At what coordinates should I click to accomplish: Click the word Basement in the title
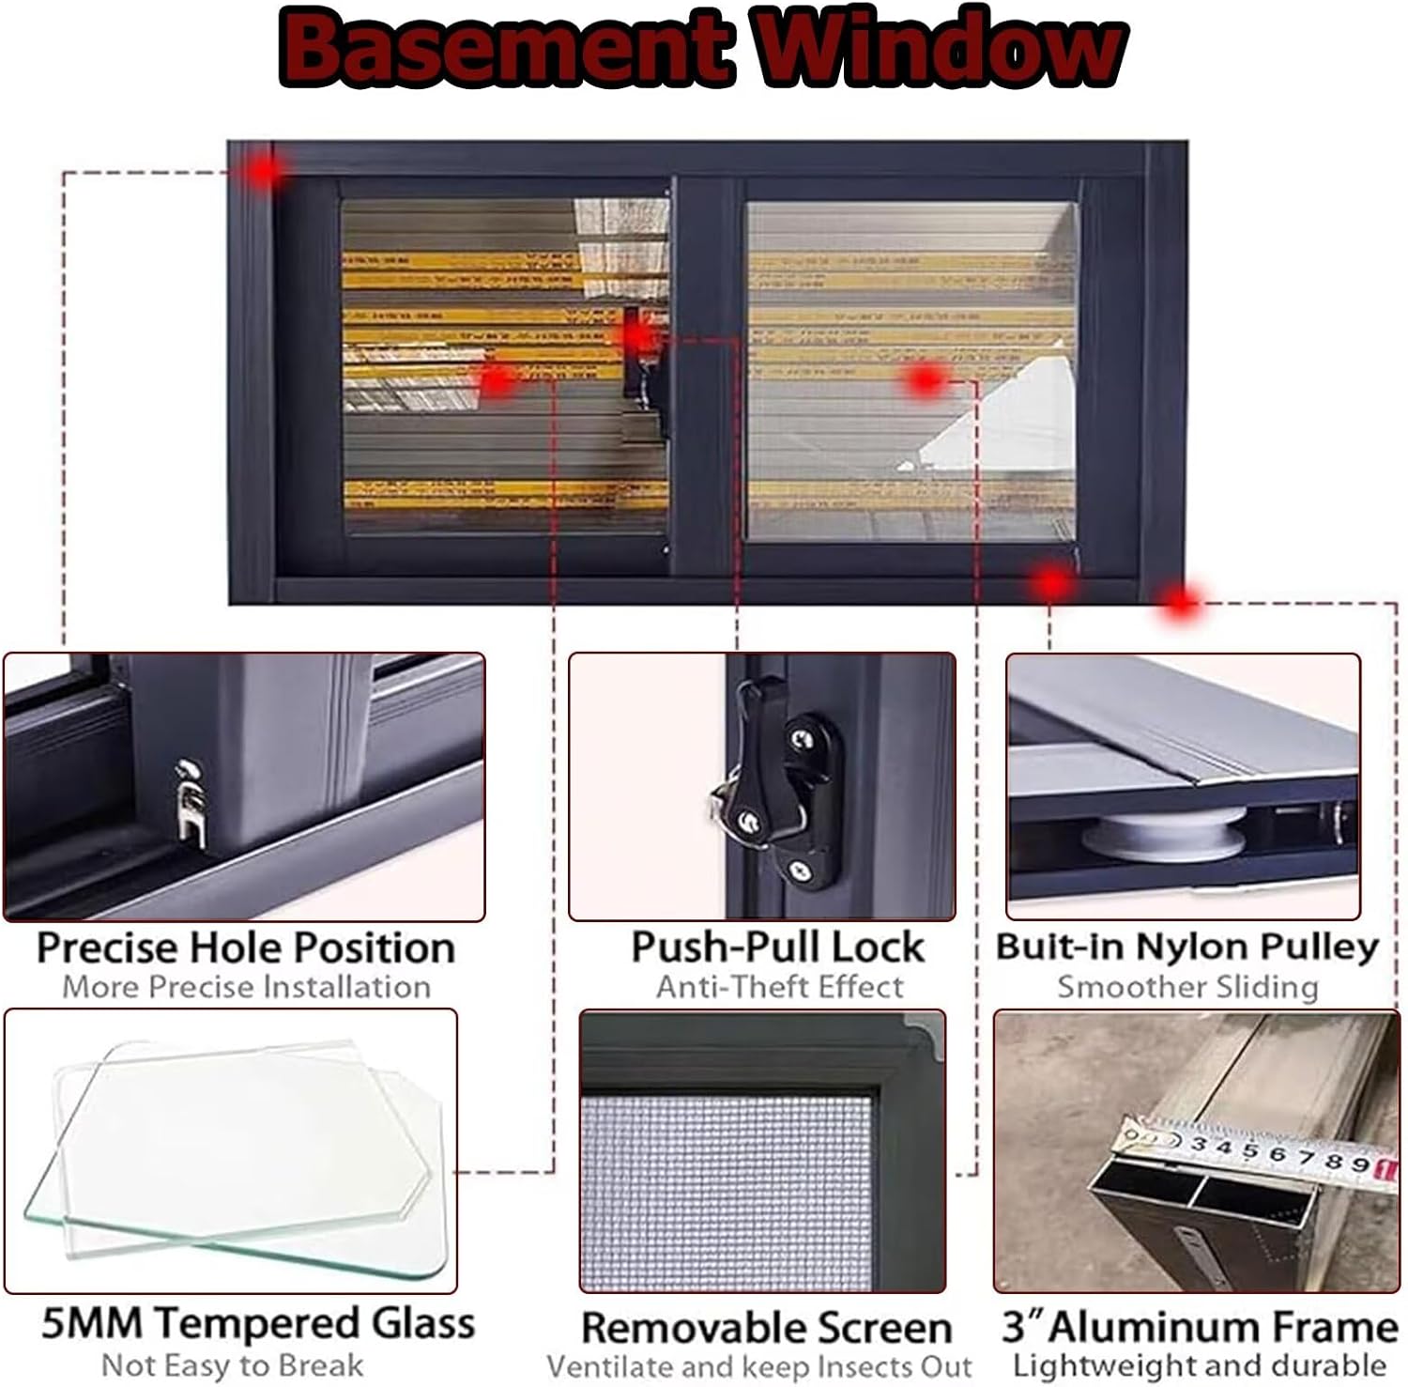502,47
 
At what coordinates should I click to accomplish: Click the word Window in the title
939,47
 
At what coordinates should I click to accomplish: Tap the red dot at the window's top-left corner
267,171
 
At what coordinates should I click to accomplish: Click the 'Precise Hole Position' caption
245,948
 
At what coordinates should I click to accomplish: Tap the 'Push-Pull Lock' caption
777,947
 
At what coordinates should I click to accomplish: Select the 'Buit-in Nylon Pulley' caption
1186,946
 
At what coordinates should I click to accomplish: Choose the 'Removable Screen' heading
766,1327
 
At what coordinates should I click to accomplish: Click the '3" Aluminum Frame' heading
1200,1327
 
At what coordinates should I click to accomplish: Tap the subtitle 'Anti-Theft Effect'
779,987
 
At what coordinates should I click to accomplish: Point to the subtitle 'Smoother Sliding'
1187,987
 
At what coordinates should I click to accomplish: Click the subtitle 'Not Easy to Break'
232,1364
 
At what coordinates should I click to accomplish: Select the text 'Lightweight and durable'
1200,1364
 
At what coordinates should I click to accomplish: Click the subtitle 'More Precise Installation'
246,987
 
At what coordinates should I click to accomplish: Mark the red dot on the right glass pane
926,379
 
